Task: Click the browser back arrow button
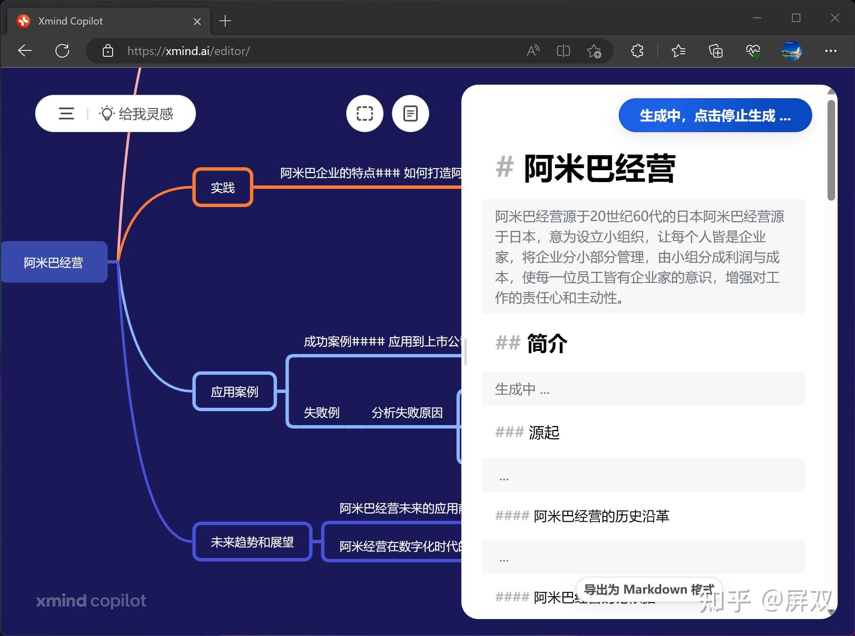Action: pyautogui.click(x=25, y=51)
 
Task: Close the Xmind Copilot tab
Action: pyautogui.click(x=197, y=21)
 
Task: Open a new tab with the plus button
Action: pyautogui.click(x=225, y=21)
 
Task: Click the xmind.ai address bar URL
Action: pyautogui.click(x=188, y=51)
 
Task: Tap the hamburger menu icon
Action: pyautogui.click(x=66, y=113)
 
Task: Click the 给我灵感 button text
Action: pyautogui.click(x=146, y=113)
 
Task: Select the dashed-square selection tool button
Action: pyautogui.click(x=364, y=113)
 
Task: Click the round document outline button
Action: pyautogui.click(x=410, y=113)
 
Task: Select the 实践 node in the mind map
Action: pyautogui.click(x=223, y=188)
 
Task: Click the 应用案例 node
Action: pyautogui.click(x=234, y=392)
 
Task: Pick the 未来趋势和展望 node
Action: pyautogui.click(x=252, y=542)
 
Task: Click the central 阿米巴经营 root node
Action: pyautogui.click(x=54, y=263)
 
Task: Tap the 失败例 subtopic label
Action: pyautogui.click(x=322, y=412)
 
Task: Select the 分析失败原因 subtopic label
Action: pyautogui.click(x=407, y=412)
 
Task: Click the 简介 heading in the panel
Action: pyautogui.click(x=547, y=343)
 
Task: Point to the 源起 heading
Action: pyautogui.click(x=544, y=433)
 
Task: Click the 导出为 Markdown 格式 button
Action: pyautogui.click(x=648, y=589)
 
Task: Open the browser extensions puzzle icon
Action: pyautogui.click(x=637, y=51)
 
